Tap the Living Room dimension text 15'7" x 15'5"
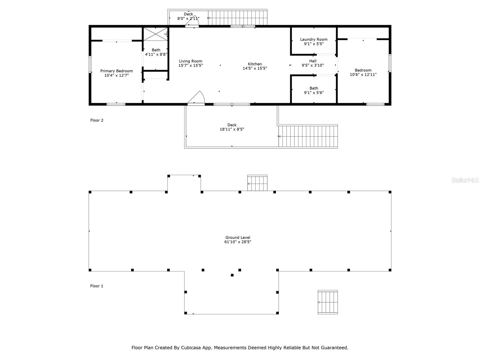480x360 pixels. [x=190, y=65]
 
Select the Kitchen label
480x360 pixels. [x=255, y=64]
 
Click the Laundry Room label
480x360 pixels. [x=314, y=39]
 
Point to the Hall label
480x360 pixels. [x=313, y=61]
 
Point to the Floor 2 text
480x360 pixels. [x=97, y=120]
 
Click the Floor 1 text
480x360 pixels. [x=97, y=286]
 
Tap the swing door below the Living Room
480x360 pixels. [x=196, y=98]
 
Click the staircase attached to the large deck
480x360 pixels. [x=308, y=136]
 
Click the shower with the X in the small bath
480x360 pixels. [x=155, y=34]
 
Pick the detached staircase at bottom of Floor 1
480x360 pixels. [x=328, y=302]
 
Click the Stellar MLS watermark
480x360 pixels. [x=465, y=180]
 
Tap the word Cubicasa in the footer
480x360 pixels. [x=193, y=348]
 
